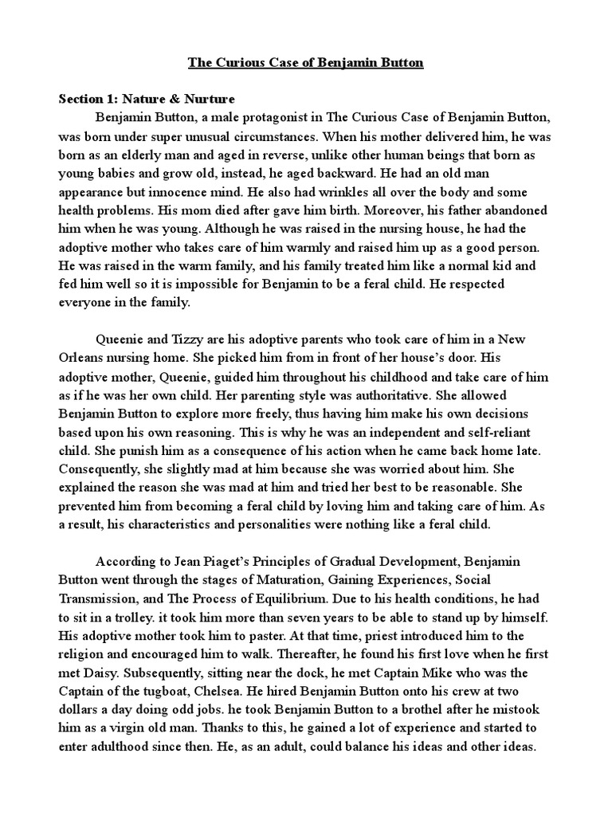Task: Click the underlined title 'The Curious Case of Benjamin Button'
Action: [x=306, y=63]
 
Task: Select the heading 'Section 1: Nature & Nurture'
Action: [x=147, y=100]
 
